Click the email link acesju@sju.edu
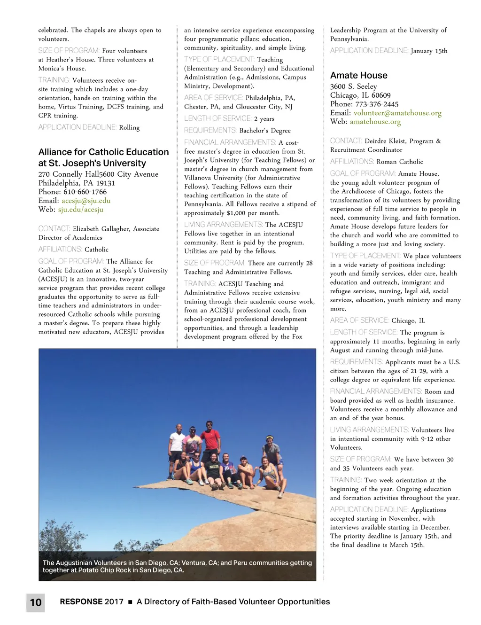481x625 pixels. coord(86,201)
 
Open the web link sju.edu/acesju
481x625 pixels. coord(81,210)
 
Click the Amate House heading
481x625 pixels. coord(359,76)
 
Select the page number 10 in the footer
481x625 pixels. coord(36,602)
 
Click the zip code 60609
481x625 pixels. coord(381,95)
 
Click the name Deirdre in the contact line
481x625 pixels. coord(378,141)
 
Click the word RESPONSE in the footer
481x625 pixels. coord(81,602)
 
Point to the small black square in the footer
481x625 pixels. coord(130,602)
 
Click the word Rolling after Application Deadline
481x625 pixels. coord(129,127)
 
